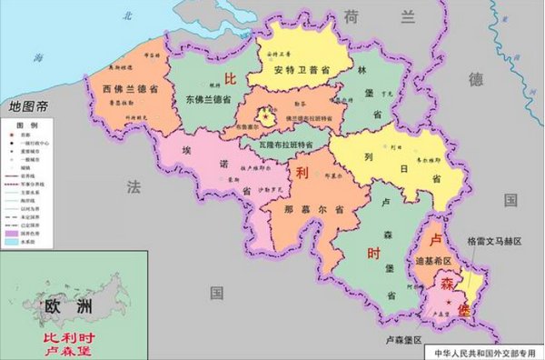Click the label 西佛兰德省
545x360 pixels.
[x=121, y=90]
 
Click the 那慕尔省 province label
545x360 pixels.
[x=301, y=208]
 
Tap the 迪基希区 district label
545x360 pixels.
[x=434, y=261]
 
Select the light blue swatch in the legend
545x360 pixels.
[x=15, y=242]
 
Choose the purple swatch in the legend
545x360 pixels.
[x=15, y=234]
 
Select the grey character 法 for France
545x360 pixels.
[x=134, y=188]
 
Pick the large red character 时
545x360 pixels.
[x=373, y=255]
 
